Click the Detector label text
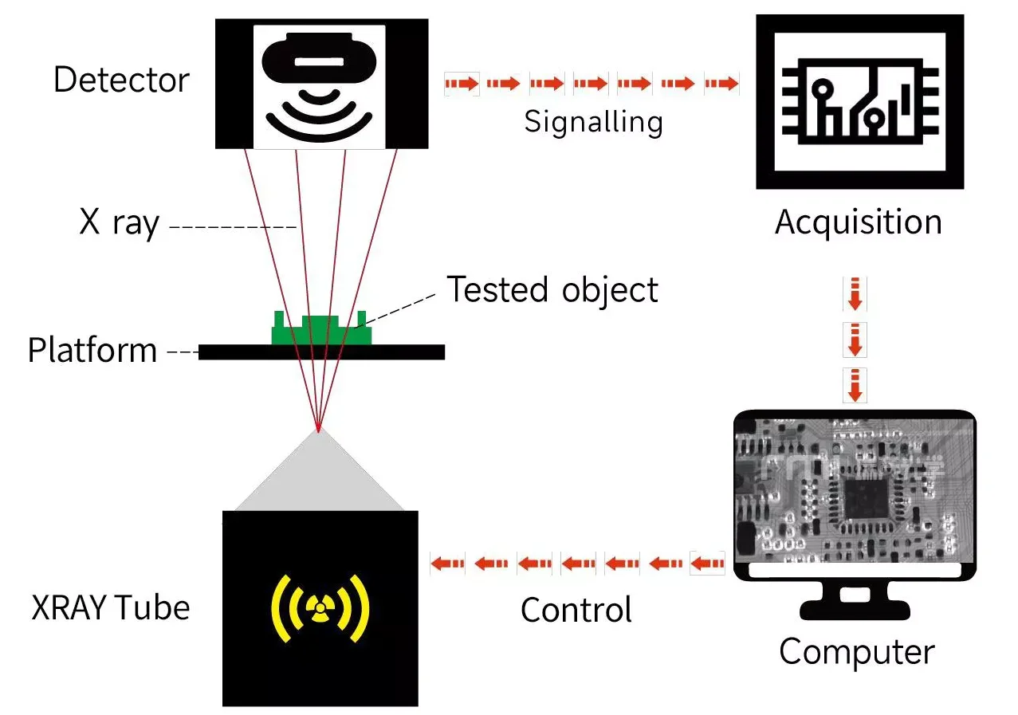coord(121,81)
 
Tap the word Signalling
coord(593,122)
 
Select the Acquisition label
coord(858,222)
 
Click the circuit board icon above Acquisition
coord(859,100)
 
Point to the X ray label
coord(120,223)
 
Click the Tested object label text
coord(552,289)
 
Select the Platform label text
coord(92,351)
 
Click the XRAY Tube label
coord(111,608)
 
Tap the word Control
coord(576,611)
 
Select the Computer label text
coord(856,652)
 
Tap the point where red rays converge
coord(318,430)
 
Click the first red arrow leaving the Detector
coord(462,83)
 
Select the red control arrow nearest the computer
coord(706,564)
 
